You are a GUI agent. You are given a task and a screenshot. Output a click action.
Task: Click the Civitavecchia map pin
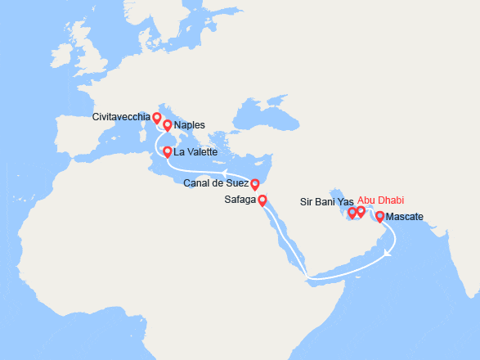tap(156, 119)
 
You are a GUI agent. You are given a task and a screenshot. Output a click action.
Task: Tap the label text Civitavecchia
tap(122, 117)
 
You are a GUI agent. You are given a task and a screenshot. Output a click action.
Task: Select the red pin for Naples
tap(167, 125)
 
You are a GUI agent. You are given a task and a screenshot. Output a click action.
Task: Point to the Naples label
tap(189, 126)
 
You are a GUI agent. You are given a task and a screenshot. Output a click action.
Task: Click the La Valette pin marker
tap(167, 151)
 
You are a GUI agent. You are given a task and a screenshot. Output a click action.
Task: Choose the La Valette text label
tap(195, 152)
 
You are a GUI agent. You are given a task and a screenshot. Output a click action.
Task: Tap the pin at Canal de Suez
tap(254, 184)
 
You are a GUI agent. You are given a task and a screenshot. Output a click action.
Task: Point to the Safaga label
tap(240, 199)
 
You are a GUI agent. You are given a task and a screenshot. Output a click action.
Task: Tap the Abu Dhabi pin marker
tap(361, 212)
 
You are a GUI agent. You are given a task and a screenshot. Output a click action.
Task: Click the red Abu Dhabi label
tap(381, 200)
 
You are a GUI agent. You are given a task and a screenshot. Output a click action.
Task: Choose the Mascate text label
tap(404, 218)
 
